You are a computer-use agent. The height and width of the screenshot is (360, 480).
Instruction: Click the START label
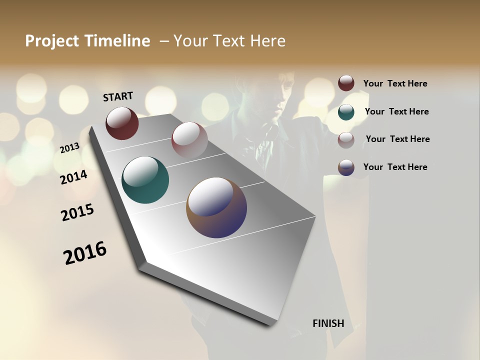point(118,96)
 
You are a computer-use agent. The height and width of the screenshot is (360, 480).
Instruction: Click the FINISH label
point(328,323)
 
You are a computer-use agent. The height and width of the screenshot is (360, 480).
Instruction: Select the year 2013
point(70,147)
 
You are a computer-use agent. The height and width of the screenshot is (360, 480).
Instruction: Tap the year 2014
point(74,177)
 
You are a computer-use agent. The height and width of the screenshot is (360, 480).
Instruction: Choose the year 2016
point(85,252)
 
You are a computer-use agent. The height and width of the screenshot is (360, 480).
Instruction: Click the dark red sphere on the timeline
point(122,123)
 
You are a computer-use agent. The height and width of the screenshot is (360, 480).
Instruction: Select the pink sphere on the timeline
point(189,139)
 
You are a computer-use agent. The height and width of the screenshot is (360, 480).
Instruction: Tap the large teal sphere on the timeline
point(145,180)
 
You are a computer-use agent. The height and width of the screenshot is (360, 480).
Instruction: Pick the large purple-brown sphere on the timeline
point(216,207)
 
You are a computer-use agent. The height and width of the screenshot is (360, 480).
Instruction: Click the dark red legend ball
point(346,83)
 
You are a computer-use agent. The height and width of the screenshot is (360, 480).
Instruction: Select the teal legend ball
point(346,111)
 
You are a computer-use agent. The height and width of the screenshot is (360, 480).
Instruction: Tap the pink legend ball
point(346,139)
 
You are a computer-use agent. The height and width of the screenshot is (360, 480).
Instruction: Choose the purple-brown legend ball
point(346,167)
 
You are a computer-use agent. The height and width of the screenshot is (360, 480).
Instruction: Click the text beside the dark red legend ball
point(395,84)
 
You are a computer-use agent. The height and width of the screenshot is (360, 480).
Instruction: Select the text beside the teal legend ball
point(396,111)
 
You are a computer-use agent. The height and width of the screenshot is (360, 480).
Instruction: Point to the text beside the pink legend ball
point(397,139)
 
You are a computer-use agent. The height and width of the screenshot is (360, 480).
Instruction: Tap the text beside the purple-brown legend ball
point(395,167)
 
